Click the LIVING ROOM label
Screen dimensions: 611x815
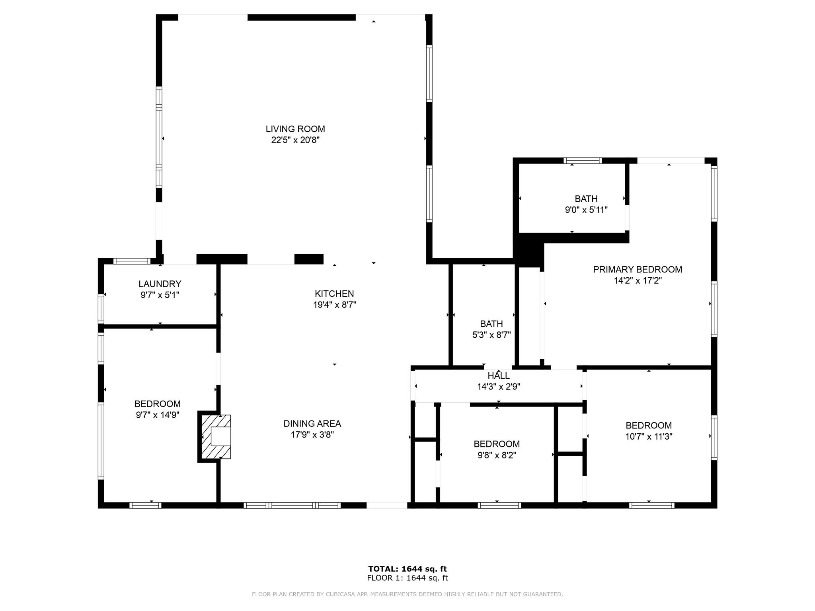click(295, 129)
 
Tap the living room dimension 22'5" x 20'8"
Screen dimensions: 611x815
click(295, 140)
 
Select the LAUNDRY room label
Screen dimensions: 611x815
click(160, 284)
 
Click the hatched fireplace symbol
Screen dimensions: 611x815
click(215, 437)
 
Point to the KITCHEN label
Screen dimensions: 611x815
click(334, 294)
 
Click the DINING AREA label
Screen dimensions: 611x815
click(312, 424)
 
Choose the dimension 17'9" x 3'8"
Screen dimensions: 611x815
click(312, 435)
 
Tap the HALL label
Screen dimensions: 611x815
click(499, 376)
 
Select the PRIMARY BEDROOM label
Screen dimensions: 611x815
click(638, 269)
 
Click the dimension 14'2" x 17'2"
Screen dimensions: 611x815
click(638, 280)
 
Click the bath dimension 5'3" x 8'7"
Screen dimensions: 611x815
click(491, 335)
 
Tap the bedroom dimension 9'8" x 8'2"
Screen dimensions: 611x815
click(497, 455)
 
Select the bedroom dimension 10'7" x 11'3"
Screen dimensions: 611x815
click(649, 436)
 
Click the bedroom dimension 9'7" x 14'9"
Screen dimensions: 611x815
click(158, 415)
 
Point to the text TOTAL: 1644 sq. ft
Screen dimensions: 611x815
click(407, 569)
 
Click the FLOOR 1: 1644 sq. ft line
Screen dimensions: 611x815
click(407, 578)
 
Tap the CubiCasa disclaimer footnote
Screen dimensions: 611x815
click(407, 594)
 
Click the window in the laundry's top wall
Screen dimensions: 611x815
click(132, 261)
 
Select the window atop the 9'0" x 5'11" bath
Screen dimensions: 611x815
click(583, 161)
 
